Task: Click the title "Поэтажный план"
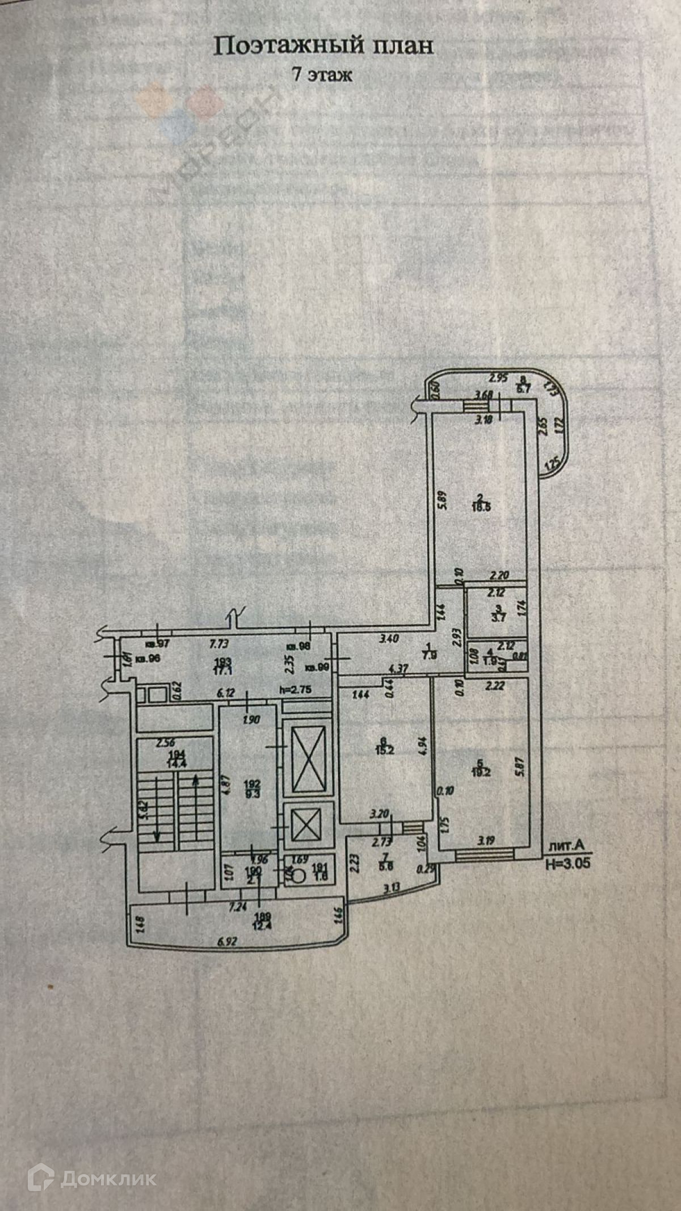[x=323, y=46]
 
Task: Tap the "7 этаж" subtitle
[x=322, y=74]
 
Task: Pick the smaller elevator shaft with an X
[x=306, y=823]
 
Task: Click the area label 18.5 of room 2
[x=481, y=507]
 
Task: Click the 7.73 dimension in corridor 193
[x=220, y=644]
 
